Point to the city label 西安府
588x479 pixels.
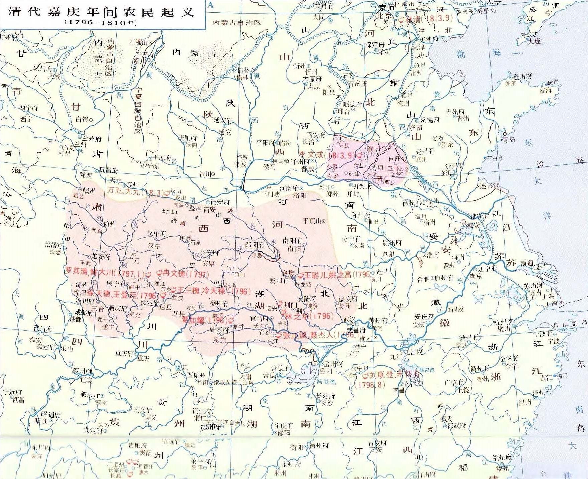[220, 202]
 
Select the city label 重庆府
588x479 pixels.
[124, 353]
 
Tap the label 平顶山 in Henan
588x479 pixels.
[312, 221]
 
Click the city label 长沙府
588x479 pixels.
[325, 396]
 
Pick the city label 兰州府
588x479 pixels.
[92, 139]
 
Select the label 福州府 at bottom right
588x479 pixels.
[502, 458]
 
